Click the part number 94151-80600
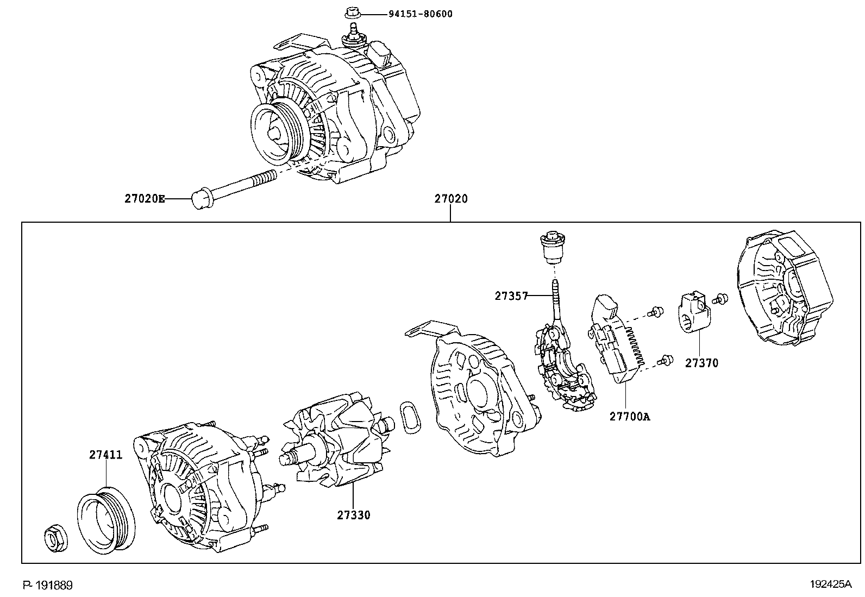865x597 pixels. tap(419, 14)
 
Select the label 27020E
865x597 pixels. tap(144, 199)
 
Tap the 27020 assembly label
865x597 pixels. tap(450, 199)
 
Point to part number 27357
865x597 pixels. tap(511, 296)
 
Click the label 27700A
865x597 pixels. tap(629, 417)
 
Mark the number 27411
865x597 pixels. tap(106, 455)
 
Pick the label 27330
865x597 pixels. tap(353, 515)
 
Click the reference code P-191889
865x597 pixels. tap(47, 585)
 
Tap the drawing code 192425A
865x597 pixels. tap(830, 585)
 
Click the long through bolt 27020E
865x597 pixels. tap(234, 187)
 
